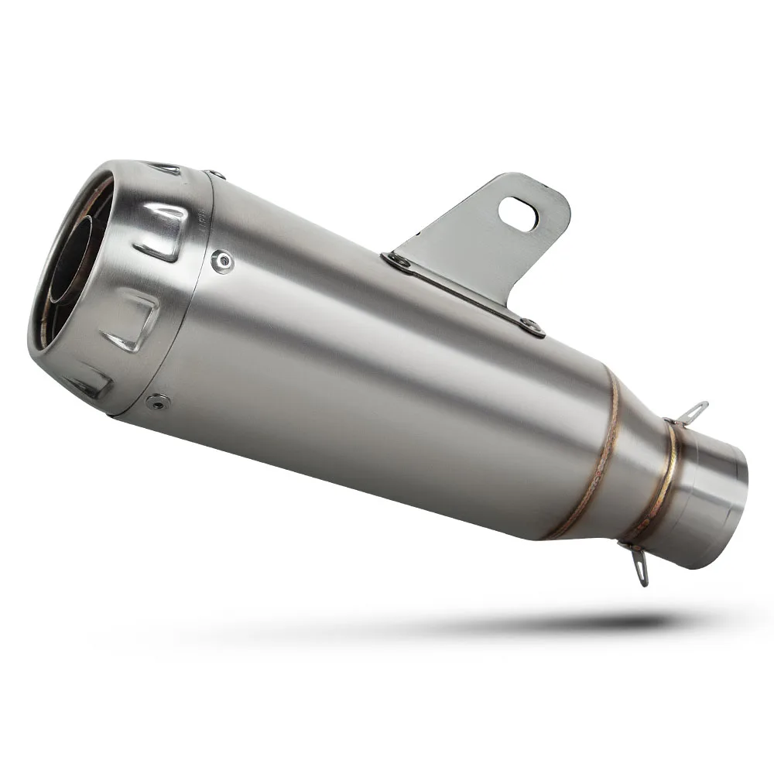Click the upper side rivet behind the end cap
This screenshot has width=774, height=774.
223,262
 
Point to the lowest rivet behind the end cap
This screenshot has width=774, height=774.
159,401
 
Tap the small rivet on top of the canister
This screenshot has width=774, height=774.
214,175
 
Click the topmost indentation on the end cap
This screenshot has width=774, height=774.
166,168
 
